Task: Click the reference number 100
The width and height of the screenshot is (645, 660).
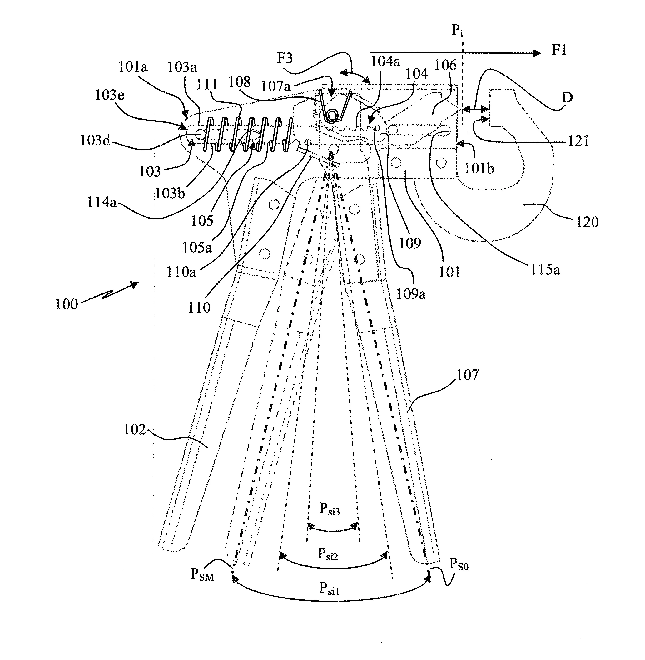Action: pyautogui.click(x=67, y=304)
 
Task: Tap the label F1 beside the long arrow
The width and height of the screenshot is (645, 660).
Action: pyautogui.click(x=559, y=50)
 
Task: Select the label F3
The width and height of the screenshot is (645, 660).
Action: pyautogui.click(x=285, y=58)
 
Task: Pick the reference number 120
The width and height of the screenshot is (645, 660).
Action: pyautogui.click(x=588, y=222)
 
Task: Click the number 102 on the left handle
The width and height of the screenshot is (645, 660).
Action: pyautogui.click(x=135, y=429)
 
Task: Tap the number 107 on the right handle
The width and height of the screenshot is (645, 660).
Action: pyautogui.click(x=468, y=375)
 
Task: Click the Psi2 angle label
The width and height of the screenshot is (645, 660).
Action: pyautogui.click(x=328, y=553)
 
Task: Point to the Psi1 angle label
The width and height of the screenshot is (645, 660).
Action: pyautogui.click(x=329, y=588)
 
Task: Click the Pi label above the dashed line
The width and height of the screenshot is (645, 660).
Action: pyautogui.click(x=457, y=31)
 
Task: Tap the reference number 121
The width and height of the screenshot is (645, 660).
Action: pyautogui.click(x=578, y=140)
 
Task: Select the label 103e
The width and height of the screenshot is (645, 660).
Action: pyautogui.click(x=109, y=95)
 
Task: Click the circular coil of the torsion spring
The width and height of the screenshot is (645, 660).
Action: pyautogui.click(x=331, y=116)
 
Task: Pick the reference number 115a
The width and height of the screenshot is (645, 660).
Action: pyautogui.click(x=545, y=269)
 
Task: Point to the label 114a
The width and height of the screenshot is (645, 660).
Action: pyautogui.click(x=102, y=202)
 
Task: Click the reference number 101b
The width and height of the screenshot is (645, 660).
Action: pyautogui.click(x=479, y=168)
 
